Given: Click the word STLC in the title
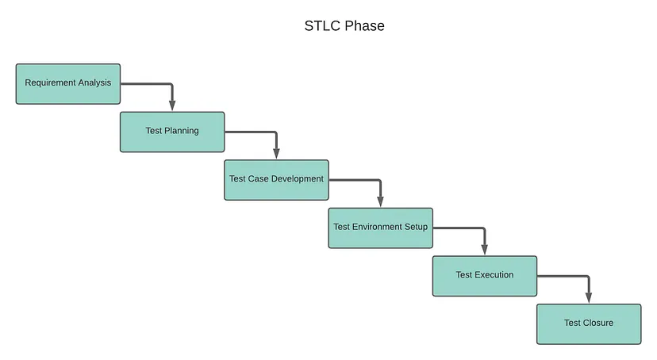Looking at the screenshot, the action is pyautogui.click(x=322, y=26).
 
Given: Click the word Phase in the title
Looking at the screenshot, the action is pyautogui.click(x=364, y=26).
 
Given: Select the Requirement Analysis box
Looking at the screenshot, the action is pyautogui.click(x=68, y=84).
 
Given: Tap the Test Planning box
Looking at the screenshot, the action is pyautogui.click(x=172, y=132).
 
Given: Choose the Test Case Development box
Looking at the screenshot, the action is pyautogui.click(x=277, y=180).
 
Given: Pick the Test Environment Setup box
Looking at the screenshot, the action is pyautogui.click(x=380, y=228).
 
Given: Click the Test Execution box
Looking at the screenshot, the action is pyautogui.click(x=485, y=276).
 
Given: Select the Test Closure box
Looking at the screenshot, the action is pyautogui.click(x=589, y=324).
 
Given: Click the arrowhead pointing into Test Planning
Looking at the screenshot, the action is pyautogui.click(x=172, y=105).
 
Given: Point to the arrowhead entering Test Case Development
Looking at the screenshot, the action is pyautogui.click(x=277, y=154).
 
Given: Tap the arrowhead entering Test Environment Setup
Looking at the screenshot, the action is pyautogui.click(x=380, y=201).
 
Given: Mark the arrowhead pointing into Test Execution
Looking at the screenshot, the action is pyautogui.click(x=485, y=250).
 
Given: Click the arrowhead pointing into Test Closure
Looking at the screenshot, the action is pyautogui.click(x=589, y=298).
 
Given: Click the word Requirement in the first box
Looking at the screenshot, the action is pyautogui.click(x=50, y=83).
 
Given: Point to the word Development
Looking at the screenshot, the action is pyautogui.click(x=297, y=179).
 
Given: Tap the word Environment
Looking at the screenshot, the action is pyautogui.click(x=377, y=227).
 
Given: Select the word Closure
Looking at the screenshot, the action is pyautogui.click(x=598, y=323).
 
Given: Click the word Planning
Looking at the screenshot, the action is pyautogui.click(x=182, y=131).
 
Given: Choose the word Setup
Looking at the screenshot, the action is pyautogui.click(x=416, y=228).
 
